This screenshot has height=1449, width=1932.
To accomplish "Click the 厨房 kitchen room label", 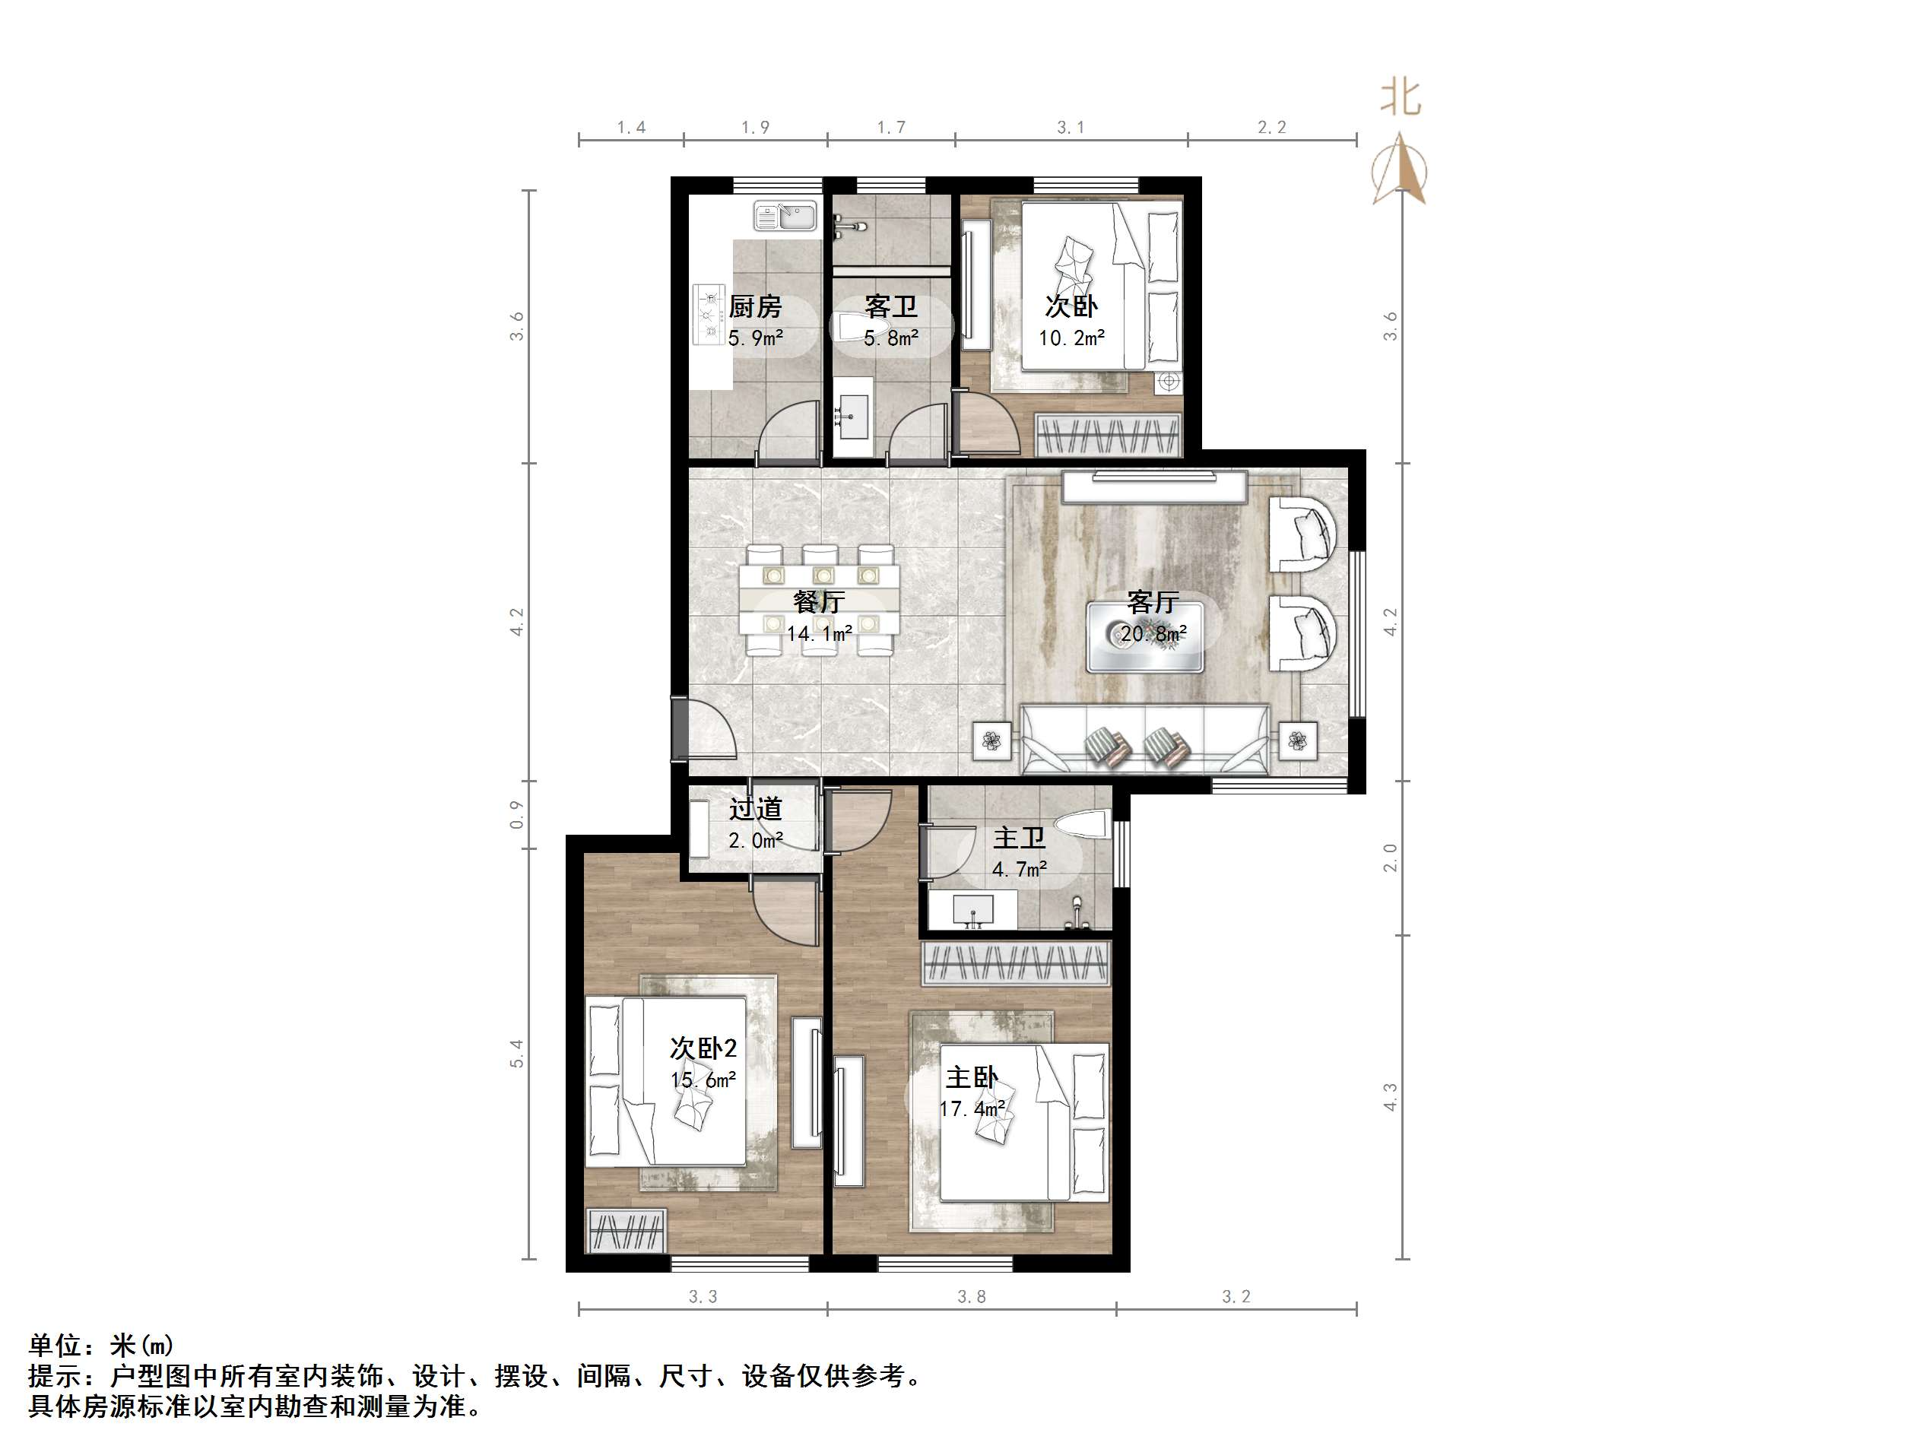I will (x=755, y=306).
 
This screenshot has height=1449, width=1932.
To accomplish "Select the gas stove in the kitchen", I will (x=710, y=312).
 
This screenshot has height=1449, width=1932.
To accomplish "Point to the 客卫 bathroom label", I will (x=891, y=306).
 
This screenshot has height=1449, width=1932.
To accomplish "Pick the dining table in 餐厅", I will (x=820, y=600).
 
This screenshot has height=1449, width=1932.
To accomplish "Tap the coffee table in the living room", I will (x=1144, y=635).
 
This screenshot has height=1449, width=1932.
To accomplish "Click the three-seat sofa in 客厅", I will (x=1145, y=740).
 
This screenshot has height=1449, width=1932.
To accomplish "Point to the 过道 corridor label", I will (x=756, y=810).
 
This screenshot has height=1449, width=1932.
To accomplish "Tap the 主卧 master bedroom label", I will (x=971, y=1077).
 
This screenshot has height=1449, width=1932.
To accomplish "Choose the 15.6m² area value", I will (x=703, y=1080).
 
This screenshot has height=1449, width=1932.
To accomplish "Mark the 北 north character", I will (x=1400, y=99).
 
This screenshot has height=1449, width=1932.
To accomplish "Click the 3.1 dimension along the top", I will (x=1071, y=128).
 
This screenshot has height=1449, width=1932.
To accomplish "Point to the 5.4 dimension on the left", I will (x=517, y=1054).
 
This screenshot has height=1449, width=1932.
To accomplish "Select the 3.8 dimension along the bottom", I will (x=971, y=1296).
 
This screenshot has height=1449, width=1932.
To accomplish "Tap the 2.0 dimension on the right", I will (x=1391, y=858).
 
